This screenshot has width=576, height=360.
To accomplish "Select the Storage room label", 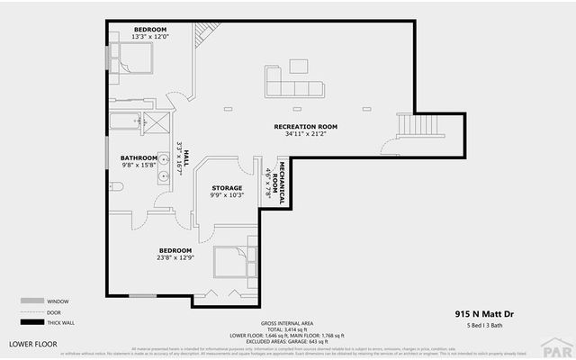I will tap(227, 188).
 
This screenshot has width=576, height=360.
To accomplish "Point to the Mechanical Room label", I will tap(275, 183).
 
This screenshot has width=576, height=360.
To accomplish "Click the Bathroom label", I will tap(139, 157).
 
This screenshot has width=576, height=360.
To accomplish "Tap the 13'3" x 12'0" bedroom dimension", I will tap(150, 36).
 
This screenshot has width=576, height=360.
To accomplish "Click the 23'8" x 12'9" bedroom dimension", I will tap(175, 257).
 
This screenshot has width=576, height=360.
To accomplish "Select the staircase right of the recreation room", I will tap(419, 125).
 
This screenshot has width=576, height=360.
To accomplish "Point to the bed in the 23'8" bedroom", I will tap(235, 262).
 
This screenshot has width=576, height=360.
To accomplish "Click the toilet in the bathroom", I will tap(115, 187).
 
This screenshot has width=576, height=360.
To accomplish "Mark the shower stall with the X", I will tap(158, 123).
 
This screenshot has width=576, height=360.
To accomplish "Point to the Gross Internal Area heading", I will tap(287, 321).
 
